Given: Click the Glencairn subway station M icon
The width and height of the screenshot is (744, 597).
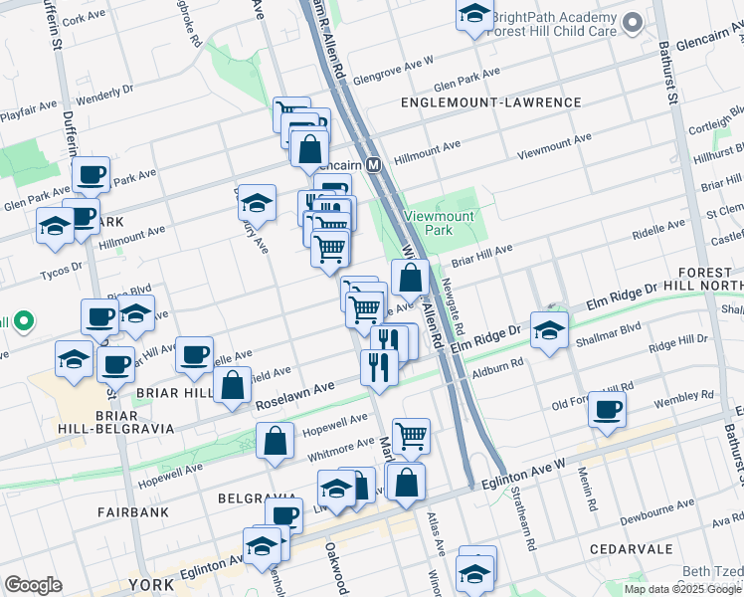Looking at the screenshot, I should tap(375, 165).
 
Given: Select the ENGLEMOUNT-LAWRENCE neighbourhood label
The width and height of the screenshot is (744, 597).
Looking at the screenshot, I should tap(490, 102).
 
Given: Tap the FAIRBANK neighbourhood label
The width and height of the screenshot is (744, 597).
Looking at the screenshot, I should tap(132, 511).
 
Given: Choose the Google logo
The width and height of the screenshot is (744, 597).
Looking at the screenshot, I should tap(33, 585).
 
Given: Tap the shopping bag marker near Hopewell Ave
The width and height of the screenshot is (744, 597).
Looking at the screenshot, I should tap(276, 441).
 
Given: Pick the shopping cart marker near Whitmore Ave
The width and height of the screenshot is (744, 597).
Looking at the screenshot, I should tap(411, 436).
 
